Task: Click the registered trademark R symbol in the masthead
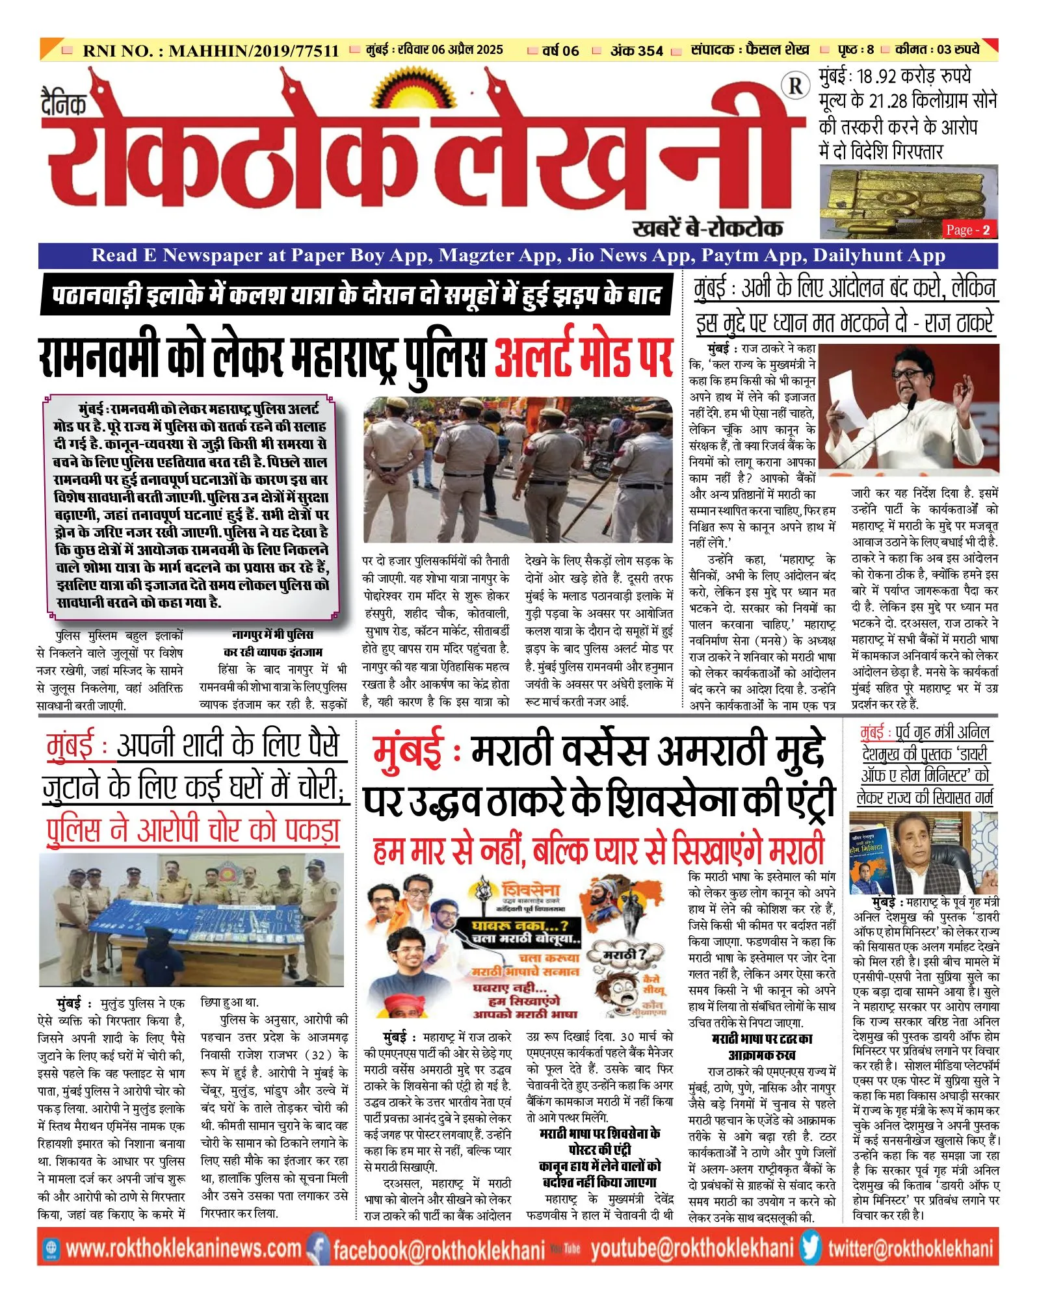[x=794, y=86]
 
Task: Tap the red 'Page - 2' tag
[x=968, y=229]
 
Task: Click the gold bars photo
[x=908, y=201]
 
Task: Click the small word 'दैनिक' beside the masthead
[x=64, y=103]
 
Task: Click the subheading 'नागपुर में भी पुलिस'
[x=272, y=634]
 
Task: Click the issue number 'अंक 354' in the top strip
[x=636, y=51]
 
